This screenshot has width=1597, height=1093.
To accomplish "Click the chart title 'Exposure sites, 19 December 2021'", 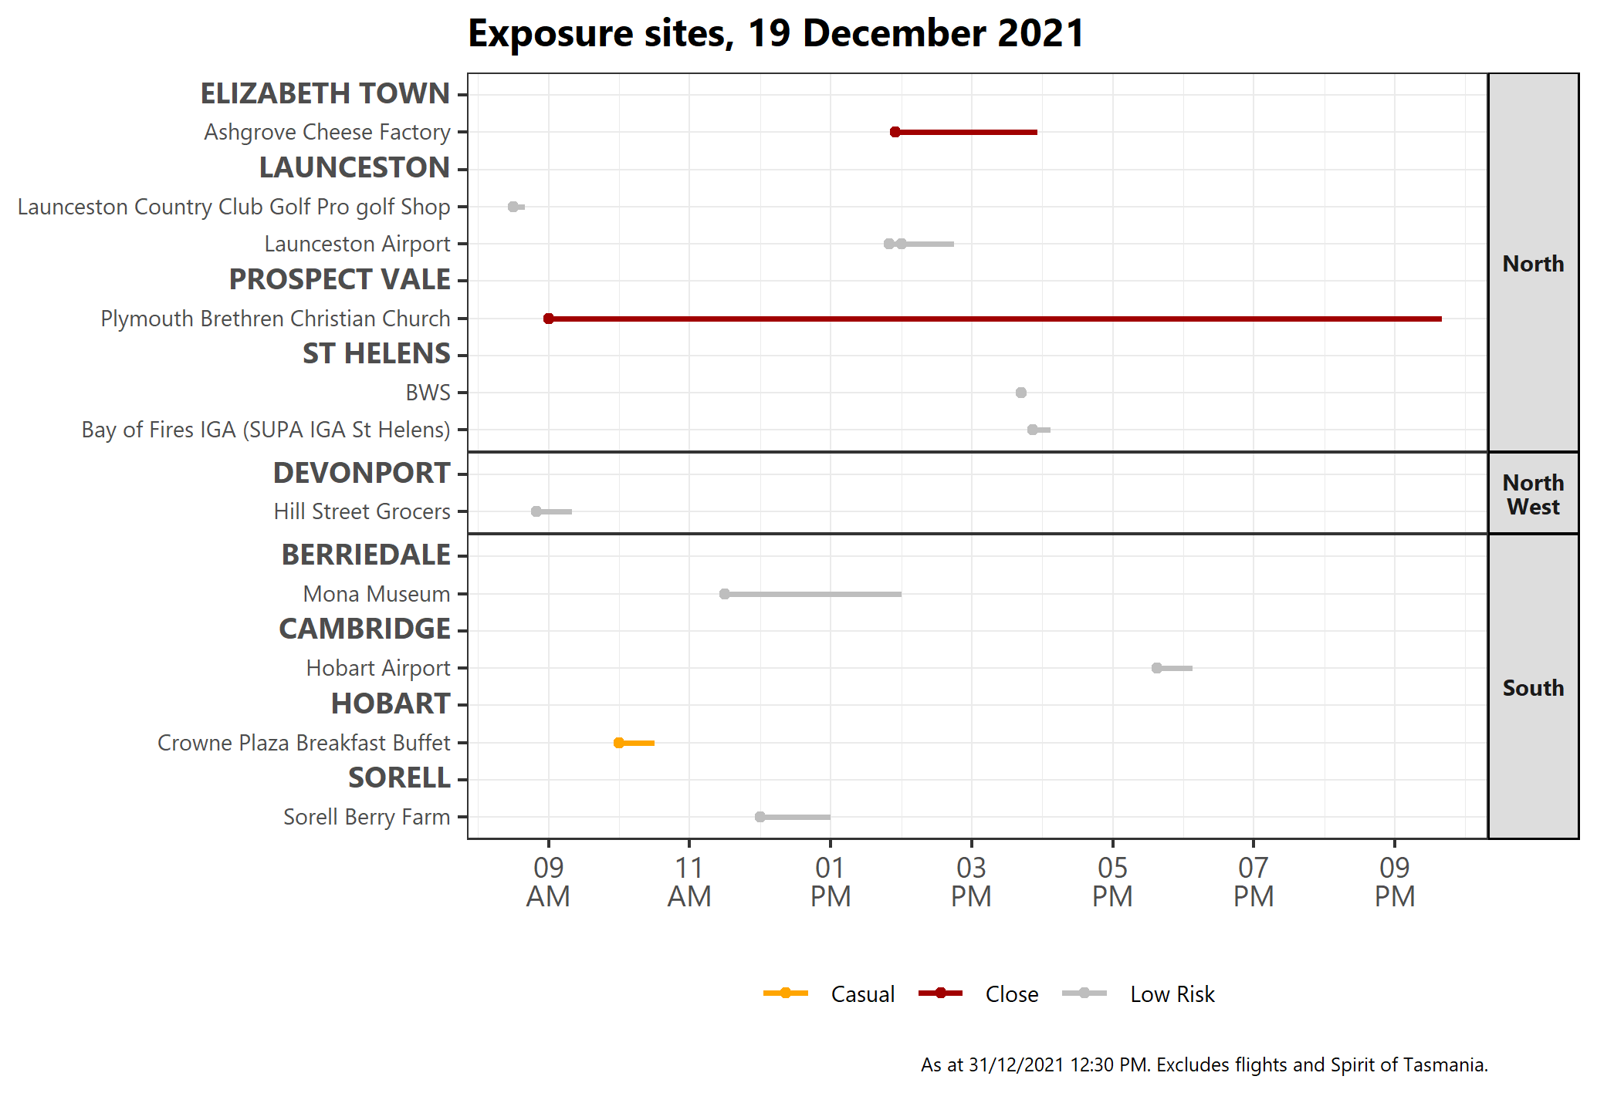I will [776, 34].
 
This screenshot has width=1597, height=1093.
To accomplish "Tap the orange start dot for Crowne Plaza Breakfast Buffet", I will [619, 743].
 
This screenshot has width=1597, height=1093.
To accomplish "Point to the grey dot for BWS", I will [1021, 393].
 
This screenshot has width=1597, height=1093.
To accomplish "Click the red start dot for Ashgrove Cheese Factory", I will [895, 132].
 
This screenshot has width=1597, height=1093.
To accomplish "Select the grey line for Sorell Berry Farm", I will [795, 817].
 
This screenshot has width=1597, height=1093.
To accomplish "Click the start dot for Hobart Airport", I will [1157, 668].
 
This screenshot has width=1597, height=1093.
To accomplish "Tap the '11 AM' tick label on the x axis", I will [689, 882].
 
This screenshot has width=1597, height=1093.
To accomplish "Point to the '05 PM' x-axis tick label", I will [1112, 882].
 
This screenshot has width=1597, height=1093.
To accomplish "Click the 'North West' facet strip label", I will [1533, 494].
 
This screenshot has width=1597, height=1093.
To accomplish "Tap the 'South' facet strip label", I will [1533, 687].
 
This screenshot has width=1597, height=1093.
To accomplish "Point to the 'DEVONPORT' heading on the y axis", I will [361, 473].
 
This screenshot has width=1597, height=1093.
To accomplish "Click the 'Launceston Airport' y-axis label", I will [357, 244].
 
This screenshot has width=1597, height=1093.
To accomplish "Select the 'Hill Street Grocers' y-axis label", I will [362, 511].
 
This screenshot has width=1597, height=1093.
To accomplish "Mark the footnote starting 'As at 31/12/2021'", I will [1204, 1065].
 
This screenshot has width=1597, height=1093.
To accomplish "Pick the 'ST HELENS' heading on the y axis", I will [376, 354].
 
